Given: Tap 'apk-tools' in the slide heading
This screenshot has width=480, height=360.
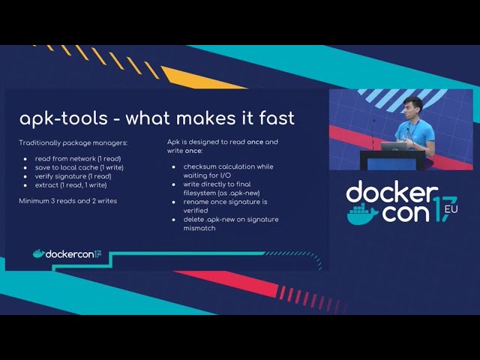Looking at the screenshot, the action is tap(64, 118).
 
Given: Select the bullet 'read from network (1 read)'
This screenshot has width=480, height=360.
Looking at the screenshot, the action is tap(78, 158).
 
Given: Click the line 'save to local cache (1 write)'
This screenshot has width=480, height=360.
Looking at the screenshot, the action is tap(79, 167).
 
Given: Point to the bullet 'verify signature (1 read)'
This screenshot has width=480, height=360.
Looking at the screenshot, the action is tap(73, 176).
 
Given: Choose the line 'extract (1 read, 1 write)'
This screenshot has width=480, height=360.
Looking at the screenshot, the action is tap(71, 185).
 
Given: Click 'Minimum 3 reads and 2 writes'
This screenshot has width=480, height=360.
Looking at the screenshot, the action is tap(68, 201).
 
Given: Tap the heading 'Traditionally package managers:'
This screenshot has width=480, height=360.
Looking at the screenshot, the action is tap(73, 143).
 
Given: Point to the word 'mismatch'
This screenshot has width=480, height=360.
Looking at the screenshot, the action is tap(199, 228).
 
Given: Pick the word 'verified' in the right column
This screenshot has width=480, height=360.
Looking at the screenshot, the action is tap(196, 210).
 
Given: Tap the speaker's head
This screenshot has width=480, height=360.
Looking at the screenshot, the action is tap(413, 107).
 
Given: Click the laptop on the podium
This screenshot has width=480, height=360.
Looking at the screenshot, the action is tap(394, 146).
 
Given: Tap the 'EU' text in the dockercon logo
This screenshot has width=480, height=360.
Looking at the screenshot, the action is tap(451, 209).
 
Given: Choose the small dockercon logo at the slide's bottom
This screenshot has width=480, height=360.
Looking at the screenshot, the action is tap(67, 253).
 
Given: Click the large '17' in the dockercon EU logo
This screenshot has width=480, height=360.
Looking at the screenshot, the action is tap(445, 208).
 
